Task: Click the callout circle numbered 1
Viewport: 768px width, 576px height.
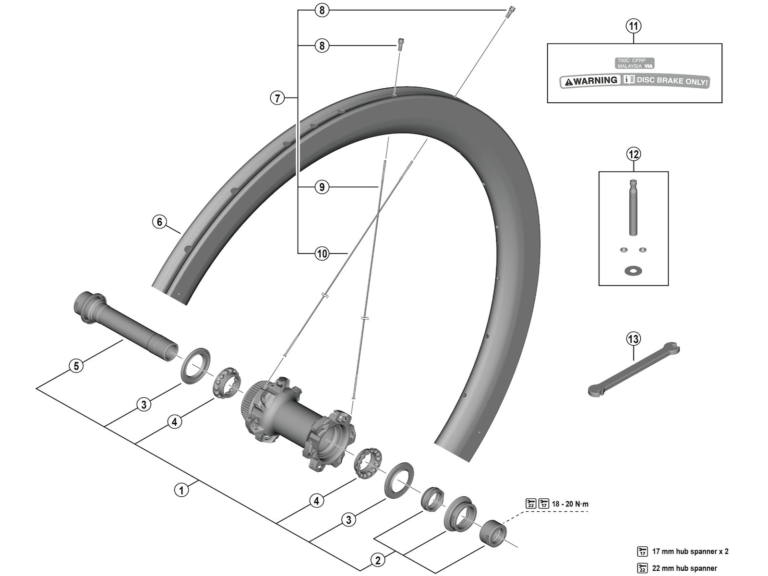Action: pyautogui.click(x=181, y=490)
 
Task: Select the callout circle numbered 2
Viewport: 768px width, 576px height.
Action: pyautogui.click(x=378, y=559)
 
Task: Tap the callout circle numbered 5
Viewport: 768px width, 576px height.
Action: pyautogui.click(x=75, y=366)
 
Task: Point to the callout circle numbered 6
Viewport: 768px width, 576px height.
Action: pyautogui.click(x=160, y=222)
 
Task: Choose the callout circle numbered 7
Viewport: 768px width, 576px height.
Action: pyautogui.click(x=277, y=98)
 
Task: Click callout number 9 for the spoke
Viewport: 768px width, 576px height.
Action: pyautogui.click(x=322, y=187)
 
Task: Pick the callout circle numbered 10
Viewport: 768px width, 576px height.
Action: pyautogui.click(x=322, y=253)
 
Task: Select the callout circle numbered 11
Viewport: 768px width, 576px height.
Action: pyautogui.click(x=634, y=26)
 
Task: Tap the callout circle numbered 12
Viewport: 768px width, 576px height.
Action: pyautogui.click(x=634, y=154)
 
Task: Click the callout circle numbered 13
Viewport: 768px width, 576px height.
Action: pyautogui.click(x=634, y=339)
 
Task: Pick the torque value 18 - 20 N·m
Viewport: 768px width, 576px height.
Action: pyautogui.click(x=570, y=504)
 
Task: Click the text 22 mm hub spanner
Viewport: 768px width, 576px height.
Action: pyautogui.click(x=684, y=568)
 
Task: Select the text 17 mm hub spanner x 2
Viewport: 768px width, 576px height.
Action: pyautogui.click(x=690, y=552)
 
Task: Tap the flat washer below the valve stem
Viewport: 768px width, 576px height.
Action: pyautogui.click(x=634, y=271)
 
